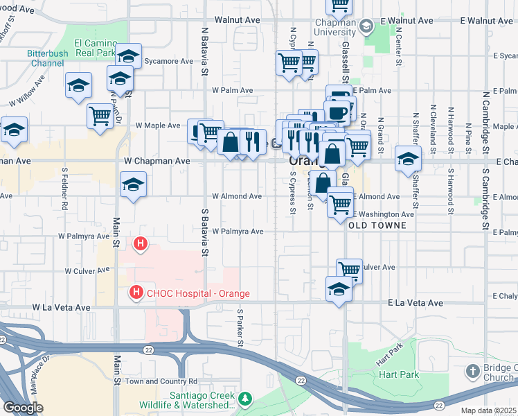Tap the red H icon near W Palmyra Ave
pyautogui.click(x=141, y=244)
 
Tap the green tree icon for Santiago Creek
pyautogui.click(x=244, y=399)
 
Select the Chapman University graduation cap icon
pyautogui.click(x=366, y=26)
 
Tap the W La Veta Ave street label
pyautogui.click(x=62, y=306)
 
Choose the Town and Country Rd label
pyautogui.click(x=161, y=381)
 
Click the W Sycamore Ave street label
pyautogui.click(x=168, y=61)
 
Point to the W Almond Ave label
pyautogui.click(x=237, y=196)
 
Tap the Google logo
pyautogui.click(x=23, y=408)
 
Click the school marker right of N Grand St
pyautogui.click(x=408, y=159)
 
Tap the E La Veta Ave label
pyautogui.click(x=415, y=303)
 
